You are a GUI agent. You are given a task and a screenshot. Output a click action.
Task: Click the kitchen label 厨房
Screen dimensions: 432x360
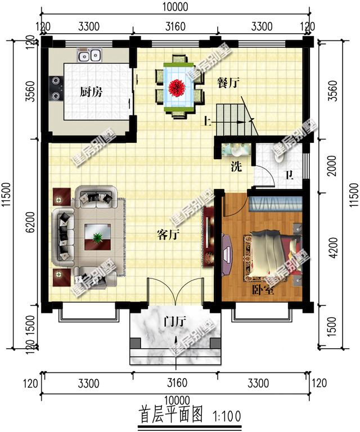coord(91,92)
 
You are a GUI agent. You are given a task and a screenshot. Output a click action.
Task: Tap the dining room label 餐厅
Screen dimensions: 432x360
coord(228,82)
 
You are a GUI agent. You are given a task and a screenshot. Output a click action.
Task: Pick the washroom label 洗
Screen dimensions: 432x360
coord(237,166)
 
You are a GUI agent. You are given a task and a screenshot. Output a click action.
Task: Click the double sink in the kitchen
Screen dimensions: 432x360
coord(90,56)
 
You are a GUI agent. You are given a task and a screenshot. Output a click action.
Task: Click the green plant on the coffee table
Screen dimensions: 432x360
coord(98,237)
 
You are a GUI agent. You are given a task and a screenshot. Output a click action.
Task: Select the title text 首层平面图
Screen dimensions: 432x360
coord(170,416)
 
